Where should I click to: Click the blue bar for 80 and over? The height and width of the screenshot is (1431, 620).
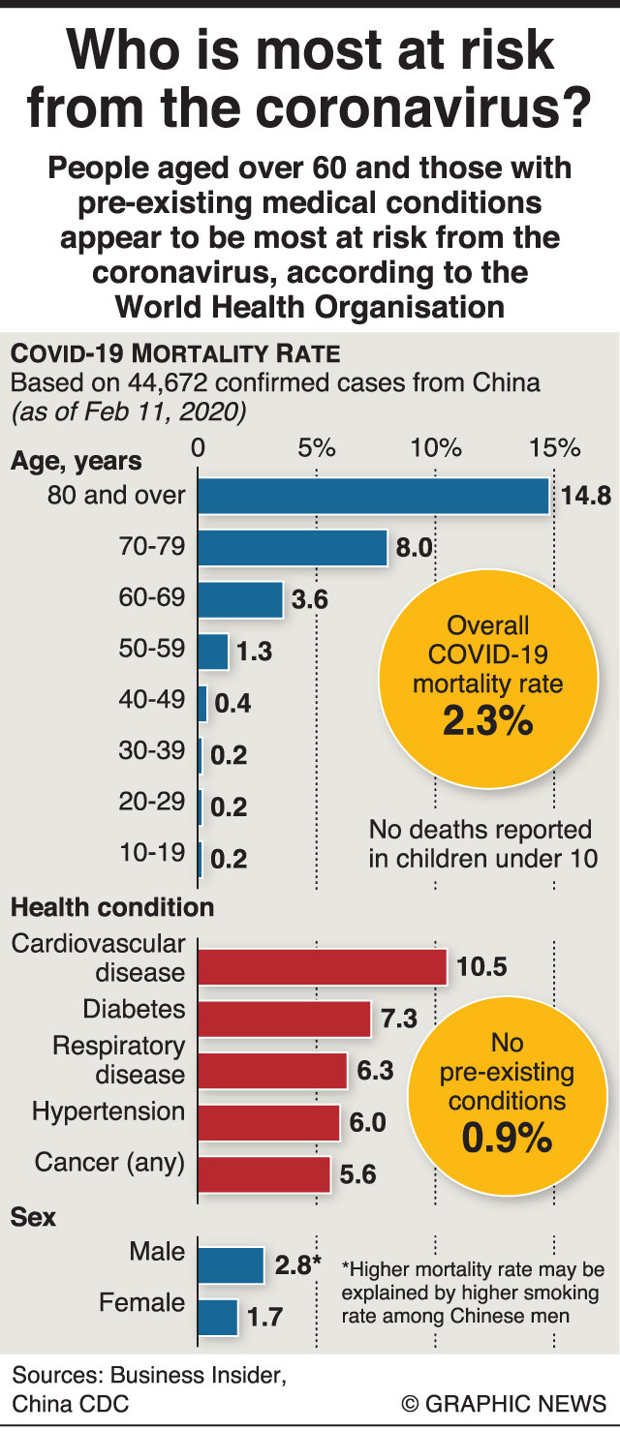pyautogui.click(x=373, y=496)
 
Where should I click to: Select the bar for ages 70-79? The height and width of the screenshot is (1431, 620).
pyautogui.click(x=293, y=548)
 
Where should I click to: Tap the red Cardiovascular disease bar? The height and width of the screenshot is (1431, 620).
pyautogui.click(x=322, y=966)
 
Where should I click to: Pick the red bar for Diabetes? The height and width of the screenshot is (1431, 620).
pyautogui.click(x=284, y=1019)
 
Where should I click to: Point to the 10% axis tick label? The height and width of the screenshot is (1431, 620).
pyautogui.click(x=436, y=448)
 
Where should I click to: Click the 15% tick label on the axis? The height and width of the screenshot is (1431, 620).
pyautogui.click(x=554, y=448)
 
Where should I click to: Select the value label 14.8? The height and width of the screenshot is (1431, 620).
pyautogui.click(x=585, y=497)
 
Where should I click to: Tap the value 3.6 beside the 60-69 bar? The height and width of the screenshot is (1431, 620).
pyautogui.click(x=310, y=600)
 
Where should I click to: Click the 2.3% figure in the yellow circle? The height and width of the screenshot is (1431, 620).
pyautogui.click(x=487, y=722)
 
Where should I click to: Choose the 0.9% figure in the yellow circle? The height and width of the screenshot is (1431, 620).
pyautogui.click(x=507, y=1139)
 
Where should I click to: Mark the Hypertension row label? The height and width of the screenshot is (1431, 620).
pyautogui.click(x=108, y=1111)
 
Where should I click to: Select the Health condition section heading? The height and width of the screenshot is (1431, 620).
pyautogui.click(x=112, y=907)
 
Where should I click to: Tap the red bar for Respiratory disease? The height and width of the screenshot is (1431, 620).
pyautogui.click(x=272, y=1071)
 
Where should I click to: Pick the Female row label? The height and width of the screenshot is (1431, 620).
pyautogui.click(x=141, y=1302)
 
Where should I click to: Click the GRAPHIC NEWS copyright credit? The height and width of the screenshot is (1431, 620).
pyautogui.click(x=504, y=1403)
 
